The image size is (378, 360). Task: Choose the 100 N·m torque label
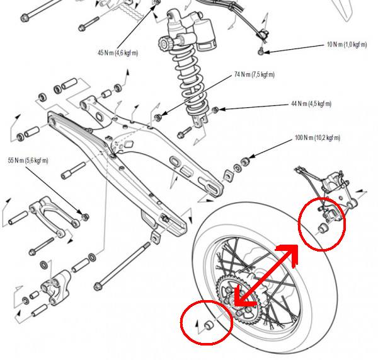point(318,137)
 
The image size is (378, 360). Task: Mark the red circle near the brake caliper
point(321,224)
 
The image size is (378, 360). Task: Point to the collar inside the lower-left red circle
point(207,326)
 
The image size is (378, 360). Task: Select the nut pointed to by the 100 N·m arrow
point(245,161)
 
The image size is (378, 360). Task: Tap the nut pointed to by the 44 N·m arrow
point(215,110)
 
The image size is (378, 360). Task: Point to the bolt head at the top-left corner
point(25,20)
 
